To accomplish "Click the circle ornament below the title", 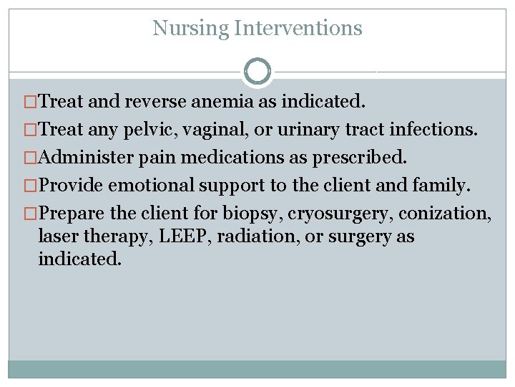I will pos(257,72).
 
